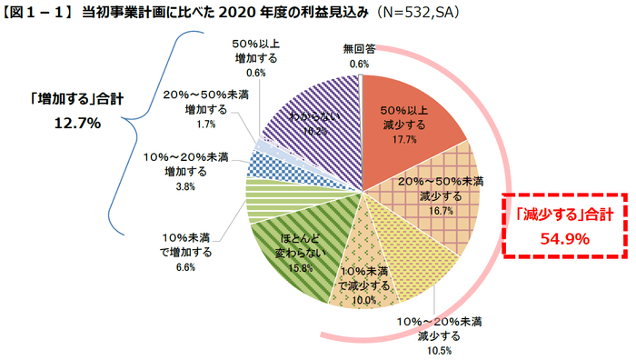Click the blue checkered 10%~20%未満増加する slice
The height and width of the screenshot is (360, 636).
(x=269, y=165)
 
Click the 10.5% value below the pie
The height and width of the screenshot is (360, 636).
(x=439, y=350)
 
